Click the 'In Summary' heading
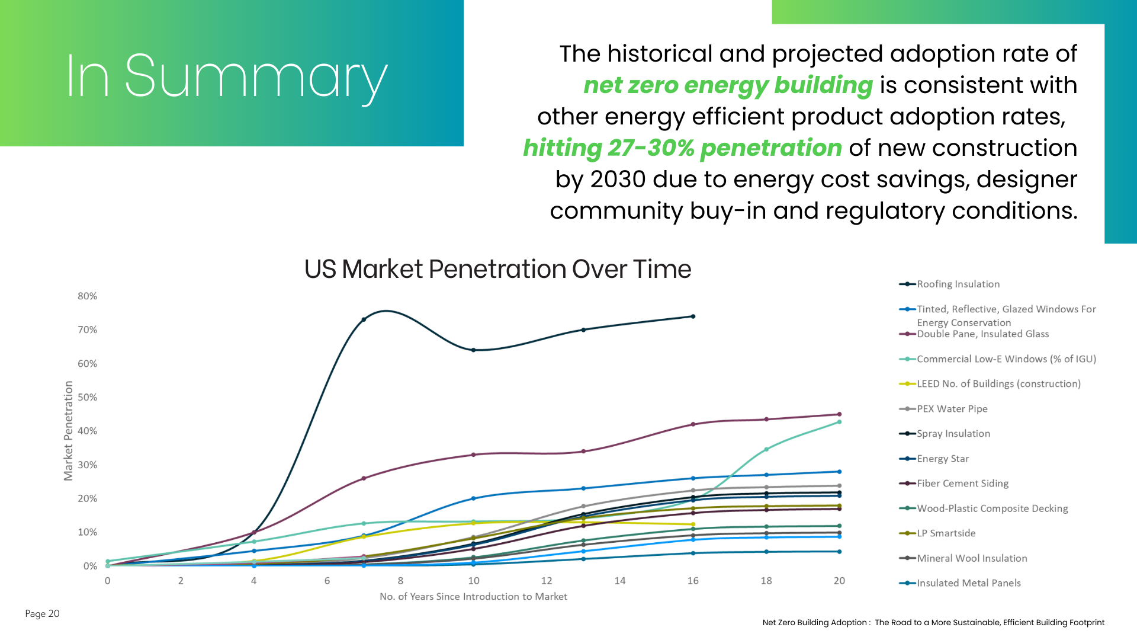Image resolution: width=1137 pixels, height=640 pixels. coord(226,77)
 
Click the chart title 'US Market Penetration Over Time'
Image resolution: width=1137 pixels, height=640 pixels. coord(497,269)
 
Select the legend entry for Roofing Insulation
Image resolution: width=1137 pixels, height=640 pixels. coord(958,284)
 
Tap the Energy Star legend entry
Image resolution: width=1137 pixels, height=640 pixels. coord(943,459)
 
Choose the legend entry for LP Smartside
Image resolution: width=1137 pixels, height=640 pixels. coord(946,533)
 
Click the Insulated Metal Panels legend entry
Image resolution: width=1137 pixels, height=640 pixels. coord(968,583)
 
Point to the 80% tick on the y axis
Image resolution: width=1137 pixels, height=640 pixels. coord(87,296)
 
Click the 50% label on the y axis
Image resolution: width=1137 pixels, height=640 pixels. coord(87,398)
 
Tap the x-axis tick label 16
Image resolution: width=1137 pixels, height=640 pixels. coord(693,581)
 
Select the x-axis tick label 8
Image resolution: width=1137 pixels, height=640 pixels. coord(400,581)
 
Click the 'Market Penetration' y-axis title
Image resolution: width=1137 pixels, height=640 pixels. coord(69,431)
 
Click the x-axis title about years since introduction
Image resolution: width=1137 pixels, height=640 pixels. coord(473,597)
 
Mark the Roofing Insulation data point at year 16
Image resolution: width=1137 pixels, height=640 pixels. coord(693,316)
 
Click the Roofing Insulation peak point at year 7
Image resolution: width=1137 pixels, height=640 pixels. coord(364,320)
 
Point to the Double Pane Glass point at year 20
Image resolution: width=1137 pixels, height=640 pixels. coord(839,415)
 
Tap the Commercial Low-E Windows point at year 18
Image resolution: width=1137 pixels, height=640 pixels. coord(766,450)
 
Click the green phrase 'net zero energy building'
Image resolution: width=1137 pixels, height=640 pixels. coord(728,85)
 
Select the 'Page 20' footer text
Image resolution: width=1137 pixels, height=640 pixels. coord(42,614)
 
